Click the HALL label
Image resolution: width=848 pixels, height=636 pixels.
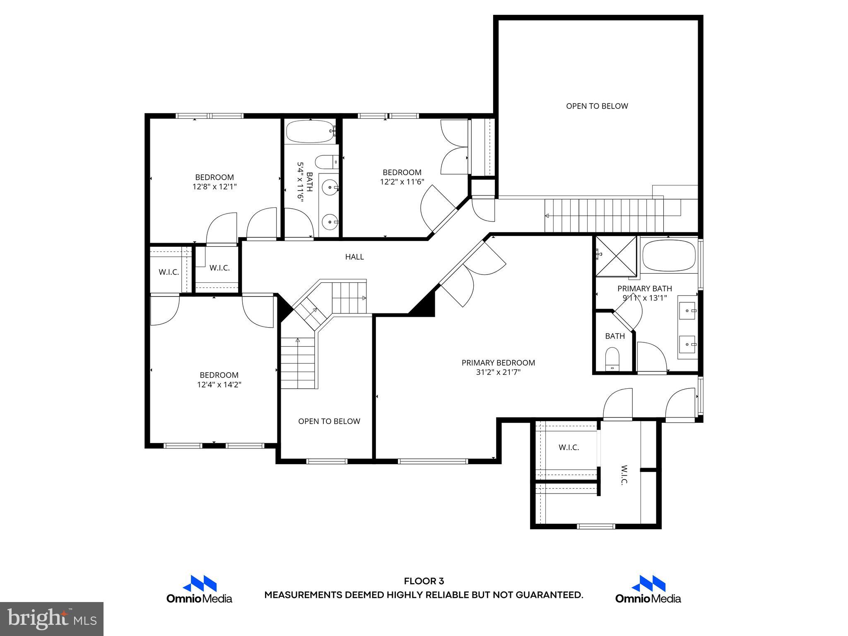click(x=354, y=257)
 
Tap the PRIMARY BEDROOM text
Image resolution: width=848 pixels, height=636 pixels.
click(x=498, y=363)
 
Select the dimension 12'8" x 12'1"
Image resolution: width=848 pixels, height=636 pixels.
click(x=214, y=187)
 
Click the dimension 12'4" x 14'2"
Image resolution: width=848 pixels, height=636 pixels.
click(x=219, y=385)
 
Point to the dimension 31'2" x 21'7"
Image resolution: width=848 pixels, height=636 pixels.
click(x=498, y=372)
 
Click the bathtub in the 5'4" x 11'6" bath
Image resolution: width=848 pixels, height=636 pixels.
click(x=310, y=131)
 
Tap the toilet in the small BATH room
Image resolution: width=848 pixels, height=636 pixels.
click(x=612, y=359)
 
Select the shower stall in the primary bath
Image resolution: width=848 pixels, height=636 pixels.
click(x=616, y=256)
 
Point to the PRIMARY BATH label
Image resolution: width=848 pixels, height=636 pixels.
click(x=645, y=289)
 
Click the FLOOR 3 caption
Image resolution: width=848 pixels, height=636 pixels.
click(x=424, y=581)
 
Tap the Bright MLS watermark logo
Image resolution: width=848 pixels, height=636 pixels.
click(x=52, y=619)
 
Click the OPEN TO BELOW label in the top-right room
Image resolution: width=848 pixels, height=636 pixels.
click(x=597, y=106)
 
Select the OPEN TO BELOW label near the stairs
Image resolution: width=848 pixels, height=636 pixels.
click(x=329, y=421)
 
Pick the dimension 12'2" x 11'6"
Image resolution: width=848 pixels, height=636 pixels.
click(x=402, y=182)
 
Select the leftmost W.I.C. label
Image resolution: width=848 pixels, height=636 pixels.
click(x=169, y=272)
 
